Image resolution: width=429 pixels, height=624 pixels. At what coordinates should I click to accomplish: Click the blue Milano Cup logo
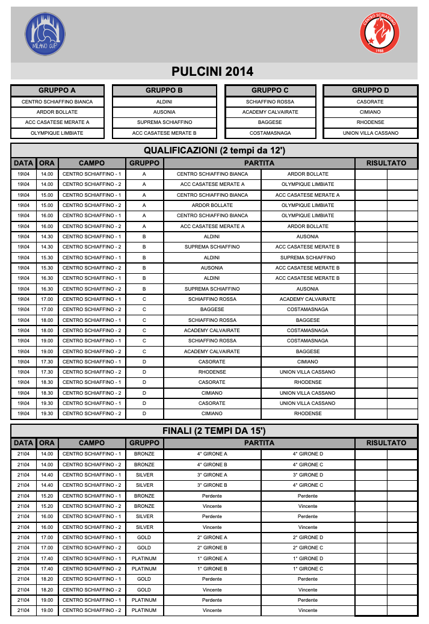point(45,34)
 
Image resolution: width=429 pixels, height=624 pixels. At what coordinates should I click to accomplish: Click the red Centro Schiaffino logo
point(379,34)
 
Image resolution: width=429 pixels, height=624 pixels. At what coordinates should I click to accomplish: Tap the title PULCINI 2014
point(212,72)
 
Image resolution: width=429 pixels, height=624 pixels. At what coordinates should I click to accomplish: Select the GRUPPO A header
point(57,91)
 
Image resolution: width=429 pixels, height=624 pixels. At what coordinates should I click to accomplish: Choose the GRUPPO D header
point(370,91)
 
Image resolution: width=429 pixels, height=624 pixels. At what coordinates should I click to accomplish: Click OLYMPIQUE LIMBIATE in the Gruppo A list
point(57,133)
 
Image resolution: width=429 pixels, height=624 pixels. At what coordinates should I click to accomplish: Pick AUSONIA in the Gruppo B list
point(164,112)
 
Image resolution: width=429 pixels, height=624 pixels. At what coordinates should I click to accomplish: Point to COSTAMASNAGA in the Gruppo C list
point(270,133)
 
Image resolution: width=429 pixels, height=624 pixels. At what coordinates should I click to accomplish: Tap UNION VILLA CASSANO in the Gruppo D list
point(370,133)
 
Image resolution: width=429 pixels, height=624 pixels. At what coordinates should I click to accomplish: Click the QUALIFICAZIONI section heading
point(214,150)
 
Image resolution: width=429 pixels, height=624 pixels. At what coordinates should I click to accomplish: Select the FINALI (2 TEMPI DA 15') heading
point(214,431)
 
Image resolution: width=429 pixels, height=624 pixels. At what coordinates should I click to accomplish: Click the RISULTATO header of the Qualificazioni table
point(386,163)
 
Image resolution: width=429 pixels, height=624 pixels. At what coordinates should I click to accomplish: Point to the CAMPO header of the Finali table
point(91,443)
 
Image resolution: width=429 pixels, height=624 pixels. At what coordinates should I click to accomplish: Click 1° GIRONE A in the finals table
point(212,558)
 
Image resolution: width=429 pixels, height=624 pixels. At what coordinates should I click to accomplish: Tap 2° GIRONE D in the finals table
point(307,537)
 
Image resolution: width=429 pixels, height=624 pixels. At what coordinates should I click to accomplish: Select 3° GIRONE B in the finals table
point(212,485)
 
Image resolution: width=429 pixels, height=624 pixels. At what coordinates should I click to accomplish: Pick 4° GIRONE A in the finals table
point(212,454)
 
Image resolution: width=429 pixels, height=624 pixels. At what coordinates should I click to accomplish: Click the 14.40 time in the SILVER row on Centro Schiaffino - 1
point(47,475)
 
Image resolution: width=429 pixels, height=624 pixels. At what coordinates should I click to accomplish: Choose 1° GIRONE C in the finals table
point(307,569)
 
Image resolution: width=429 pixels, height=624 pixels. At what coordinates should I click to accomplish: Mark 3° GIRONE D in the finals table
point(307,475)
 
